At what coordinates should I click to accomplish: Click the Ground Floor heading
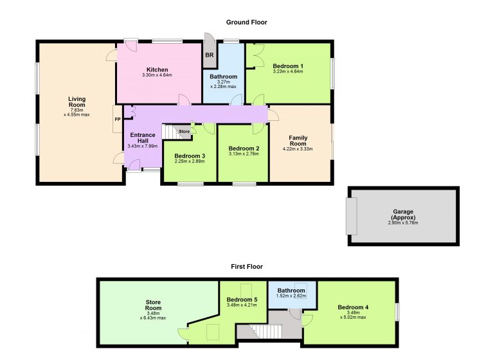247,22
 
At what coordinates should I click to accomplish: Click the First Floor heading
247,267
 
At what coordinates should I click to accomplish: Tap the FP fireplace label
118,120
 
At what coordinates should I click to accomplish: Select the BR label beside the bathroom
210,55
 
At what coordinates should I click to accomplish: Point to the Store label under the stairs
184,131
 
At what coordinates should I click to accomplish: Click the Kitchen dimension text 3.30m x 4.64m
157,75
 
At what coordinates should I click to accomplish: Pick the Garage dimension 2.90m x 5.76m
403,222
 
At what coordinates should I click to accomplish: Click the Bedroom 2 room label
244,148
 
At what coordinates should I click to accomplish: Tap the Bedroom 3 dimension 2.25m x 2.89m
190,161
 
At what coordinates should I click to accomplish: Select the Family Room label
298,141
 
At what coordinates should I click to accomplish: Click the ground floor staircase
173,132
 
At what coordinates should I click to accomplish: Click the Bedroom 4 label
353,307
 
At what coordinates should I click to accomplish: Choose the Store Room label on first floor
153,305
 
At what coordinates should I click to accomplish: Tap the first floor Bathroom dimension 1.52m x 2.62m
291,296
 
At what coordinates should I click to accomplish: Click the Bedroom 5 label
242,300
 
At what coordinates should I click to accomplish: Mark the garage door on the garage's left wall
352,216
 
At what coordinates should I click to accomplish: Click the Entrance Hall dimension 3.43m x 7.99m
143,146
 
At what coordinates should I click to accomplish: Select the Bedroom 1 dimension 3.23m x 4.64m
288,72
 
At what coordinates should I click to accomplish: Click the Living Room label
76,102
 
